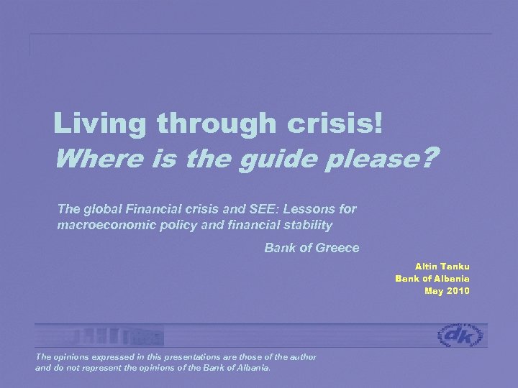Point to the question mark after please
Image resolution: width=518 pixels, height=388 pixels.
430,156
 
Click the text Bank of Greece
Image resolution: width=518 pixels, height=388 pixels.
312,249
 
